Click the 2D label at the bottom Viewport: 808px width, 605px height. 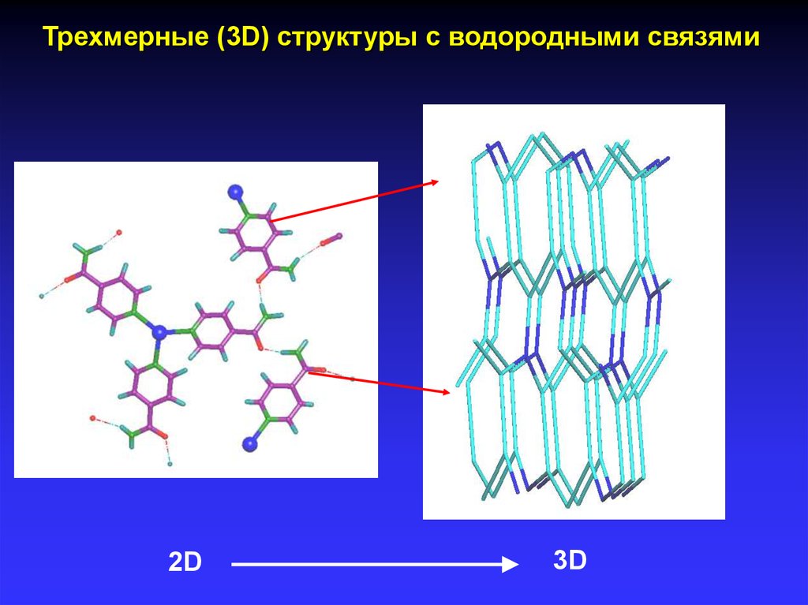185,562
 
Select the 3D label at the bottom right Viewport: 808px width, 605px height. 570,560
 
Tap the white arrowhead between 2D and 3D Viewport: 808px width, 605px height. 511,565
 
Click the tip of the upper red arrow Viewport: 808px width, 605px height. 439,181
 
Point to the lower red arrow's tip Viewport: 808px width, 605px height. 451,393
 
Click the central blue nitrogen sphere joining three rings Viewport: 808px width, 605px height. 160,332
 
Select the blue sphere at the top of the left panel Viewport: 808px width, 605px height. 235,192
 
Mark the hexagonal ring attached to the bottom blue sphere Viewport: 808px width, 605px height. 279,401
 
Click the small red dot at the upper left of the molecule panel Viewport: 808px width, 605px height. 119,233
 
